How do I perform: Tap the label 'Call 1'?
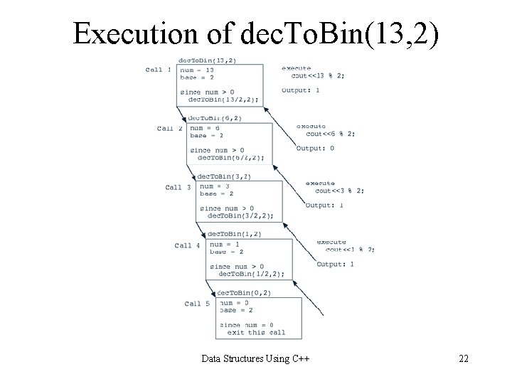158,70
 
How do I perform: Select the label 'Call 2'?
170,129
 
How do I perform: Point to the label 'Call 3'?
178,188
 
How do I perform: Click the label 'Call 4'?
187,246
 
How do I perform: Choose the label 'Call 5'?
197,304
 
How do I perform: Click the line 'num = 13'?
198,70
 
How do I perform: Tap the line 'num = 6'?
206,129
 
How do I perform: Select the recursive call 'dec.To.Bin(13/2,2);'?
223,100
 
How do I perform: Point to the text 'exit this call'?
256,332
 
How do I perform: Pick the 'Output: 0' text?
315,149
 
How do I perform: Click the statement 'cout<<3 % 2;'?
340,191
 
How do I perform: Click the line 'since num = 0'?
247,325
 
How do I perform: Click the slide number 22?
463,358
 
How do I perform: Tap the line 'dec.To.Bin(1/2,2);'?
251,274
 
